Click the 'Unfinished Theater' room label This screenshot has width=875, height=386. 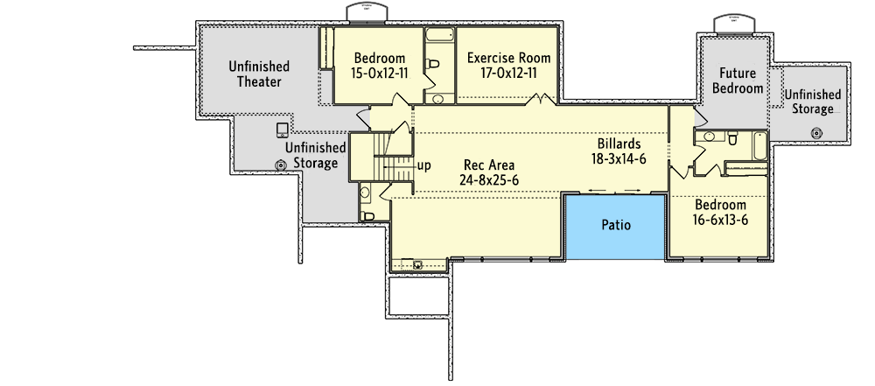259,74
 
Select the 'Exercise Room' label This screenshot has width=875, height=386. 508,59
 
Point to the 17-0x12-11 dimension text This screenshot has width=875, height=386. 508,74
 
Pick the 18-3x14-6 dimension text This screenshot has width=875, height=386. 619,159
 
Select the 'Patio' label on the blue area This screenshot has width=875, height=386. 616,225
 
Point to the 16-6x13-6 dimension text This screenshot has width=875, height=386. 720,219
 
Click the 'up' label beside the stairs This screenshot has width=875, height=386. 423,165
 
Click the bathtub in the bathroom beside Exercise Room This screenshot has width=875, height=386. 438,36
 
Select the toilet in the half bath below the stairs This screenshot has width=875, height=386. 368,214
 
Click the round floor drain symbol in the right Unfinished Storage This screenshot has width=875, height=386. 815,133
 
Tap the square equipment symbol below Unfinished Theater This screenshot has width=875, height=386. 282,130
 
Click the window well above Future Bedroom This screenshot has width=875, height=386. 729,22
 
